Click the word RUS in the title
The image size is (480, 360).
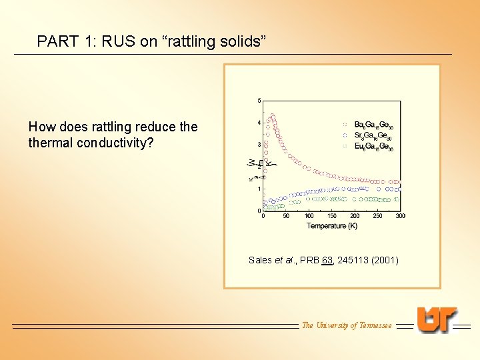(119, 41)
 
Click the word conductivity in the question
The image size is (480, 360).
(116, 142)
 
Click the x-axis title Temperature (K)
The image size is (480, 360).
(331, 226)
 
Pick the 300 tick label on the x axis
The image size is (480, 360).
(400, 216)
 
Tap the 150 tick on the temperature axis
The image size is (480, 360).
(331, 216)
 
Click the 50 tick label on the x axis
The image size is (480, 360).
(286, 216)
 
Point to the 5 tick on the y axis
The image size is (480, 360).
(259, 101)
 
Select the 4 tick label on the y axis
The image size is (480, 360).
(259, 123)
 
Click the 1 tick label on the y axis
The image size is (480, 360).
(259, 189)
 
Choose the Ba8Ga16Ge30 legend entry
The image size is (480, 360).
(373, 125)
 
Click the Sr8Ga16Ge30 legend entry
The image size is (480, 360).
(373, 137)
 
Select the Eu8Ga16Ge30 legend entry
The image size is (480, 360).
(373, 147)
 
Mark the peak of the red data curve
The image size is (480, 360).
(271, 115)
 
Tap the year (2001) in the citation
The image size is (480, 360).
(386, 260)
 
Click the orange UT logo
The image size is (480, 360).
(437, 319)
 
